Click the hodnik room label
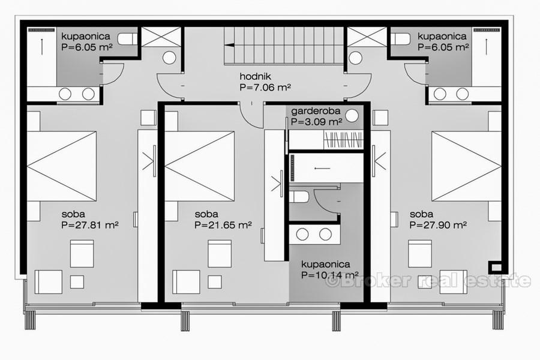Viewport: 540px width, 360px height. [256, 76]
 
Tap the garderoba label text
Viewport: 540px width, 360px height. [316, 111]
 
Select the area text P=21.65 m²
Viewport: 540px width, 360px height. [223, 225]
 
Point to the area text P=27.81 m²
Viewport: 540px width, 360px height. [90, 225]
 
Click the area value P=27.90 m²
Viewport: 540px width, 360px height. [438, 225]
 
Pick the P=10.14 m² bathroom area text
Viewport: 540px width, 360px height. [330, 275]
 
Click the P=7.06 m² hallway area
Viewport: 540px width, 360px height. [265, 87]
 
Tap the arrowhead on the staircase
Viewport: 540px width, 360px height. [229, 45]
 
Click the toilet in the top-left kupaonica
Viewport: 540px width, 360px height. [127, 39]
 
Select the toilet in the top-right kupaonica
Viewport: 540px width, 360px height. [400, 39]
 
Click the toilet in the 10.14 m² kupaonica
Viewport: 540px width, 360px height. [298, 197]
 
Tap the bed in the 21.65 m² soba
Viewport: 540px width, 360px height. [200, 166]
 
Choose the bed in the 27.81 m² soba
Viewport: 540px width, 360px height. [62, 166]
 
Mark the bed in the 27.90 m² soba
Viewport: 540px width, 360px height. [467, 166]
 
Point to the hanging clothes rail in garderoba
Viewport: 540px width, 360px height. [344, 140]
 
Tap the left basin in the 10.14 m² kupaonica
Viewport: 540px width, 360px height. [302, 234]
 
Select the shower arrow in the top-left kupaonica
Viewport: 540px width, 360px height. [41, 47]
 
